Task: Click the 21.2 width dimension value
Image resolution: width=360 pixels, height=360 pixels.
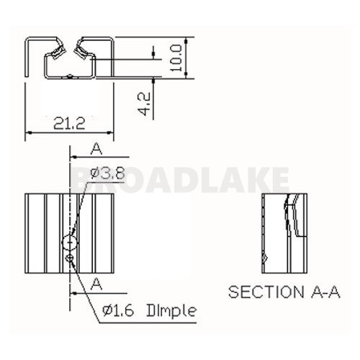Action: (x=70, y=123)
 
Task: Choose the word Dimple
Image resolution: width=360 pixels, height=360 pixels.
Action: (x=171, y=312)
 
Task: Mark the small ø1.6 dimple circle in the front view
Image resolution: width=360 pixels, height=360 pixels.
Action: (x=69, y=258)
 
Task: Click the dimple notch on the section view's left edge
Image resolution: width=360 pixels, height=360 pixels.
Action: (x=265, y=257)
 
